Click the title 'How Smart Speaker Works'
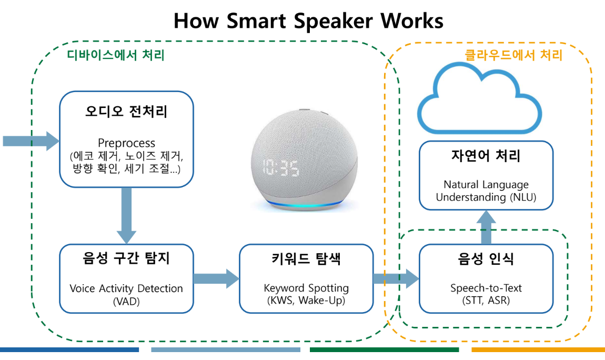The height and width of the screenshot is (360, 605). point(308,21)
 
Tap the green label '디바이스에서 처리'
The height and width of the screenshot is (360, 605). point(116,55)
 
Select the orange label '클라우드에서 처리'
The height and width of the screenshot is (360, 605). point(513,55)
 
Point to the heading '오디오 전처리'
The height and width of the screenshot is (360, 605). point(126,113)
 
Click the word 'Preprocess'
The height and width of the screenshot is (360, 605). point(126,143)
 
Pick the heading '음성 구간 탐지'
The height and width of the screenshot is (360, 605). point(126,259)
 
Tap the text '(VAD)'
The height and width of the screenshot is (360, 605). point(126,301)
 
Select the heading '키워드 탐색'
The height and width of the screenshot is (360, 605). point(306,259)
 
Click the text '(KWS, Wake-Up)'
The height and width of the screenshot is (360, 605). point(306,301)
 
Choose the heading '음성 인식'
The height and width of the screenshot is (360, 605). point(486,259)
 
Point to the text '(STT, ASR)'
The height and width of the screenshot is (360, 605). point(486,301)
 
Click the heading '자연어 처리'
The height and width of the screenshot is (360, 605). point(486,156)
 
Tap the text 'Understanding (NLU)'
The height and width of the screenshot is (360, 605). point(486,197)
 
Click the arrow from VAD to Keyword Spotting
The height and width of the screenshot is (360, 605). point(216,278)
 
